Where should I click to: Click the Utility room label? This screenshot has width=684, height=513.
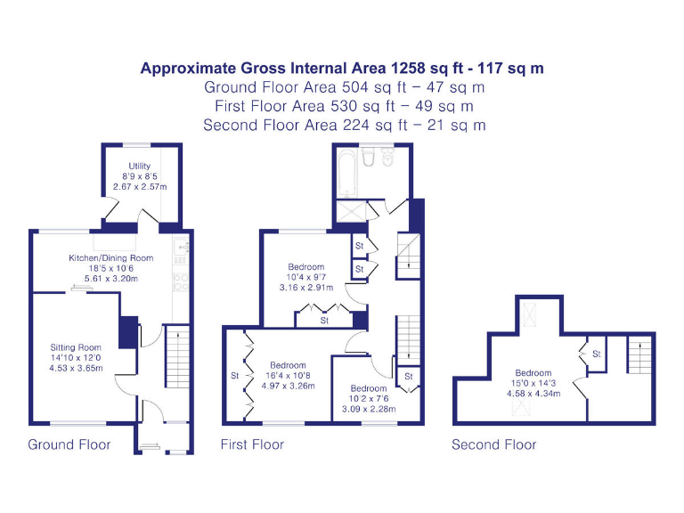[x=139, y=167]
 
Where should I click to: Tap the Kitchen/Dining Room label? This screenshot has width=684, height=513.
[x=111, y=258]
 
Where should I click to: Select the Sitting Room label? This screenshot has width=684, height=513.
[x=76, y=347]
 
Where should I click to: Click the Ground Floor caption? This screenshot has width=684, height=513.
[x=69, y=444]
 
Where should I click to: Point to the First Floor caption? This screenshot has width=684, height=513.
[x=252, y=444]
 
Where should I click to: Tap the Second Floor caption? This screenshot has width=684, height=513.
[x=493, y=444]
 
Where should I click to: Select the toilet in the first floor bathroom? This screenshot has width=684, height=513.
[x=387, y=159]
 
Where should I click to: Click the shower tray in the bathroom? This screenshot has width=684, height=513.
[x=348, y=214]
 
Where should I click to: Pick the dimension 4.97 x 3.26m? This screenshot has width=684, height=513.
[x=288, y=386]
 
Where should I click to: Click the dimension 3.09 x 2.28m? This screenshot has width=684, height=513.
[x=368, y=410]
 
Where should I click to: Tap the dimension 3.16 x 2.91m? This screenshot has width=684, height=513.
[x=305, y=288]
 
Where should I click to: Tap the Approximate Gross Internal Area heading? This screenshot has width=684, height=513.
[x=342, y=68]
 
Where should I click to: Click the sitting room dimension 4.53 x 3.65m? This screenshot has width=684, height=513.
[x=76, y=367]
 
